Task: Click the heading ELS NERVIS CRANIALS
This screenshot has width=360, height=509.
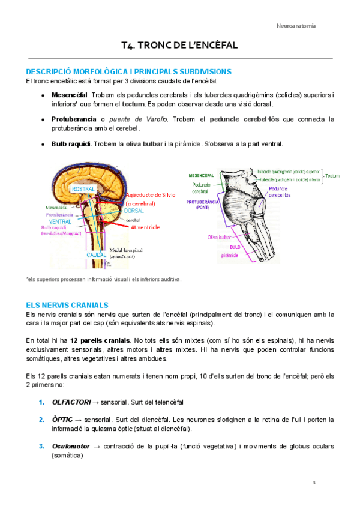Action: [67, 305]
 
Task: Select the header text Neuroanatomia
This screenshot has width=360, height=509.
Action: [296, 26]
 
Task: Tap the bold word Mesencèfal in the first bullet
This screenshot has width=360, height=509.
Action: [70, 95]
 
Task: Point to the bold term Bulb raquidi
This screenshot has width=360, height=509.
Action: [71, 143]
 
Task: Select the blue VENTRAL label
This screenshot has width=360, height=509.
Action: [60, 221]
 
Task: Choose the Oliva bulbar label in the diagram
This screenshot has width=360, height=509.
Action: [220, 237]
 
